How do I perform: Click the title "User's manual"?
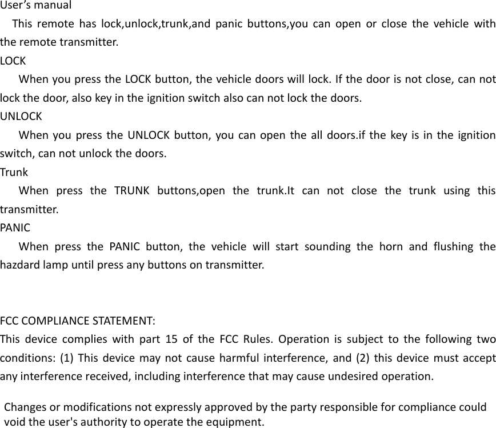point(36,6)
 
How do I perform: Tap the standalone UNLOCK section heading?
point(21,117)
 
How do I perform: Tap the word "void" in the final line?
point(14,422)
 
